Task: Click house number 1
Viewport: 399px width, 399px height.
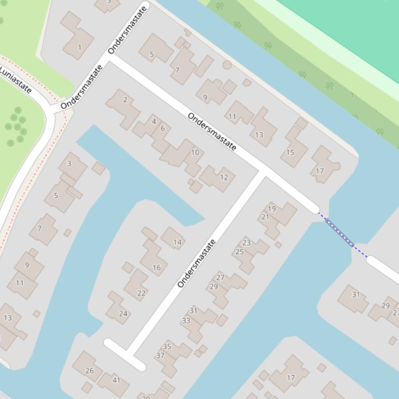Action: coord(79,47)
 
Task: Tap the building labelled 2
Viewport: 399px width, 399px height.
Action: coord(125,99)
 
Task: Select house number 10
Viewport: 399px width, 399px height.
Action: coord(195,152)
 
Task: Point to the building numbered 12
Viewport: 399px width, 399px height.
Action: coord(224,177)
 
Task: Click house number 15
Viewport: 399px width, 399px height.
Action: coord(290,152)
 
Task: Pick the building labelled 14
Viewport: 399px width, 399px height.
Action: coord(177,242)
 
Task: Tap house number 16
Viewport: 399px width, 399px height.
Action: coord(157,267)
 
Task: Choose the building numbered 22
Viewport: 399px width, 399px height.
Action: coord(141,293)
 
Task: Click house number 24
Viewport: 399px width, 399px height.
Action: coord(123,313)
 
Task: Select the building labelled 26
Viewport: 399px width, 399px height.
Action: coord(90,370)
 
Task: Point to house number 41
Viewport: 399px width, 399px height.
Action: coord(116,380)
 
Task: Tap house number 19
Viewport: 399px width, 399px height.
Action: coord(271,209)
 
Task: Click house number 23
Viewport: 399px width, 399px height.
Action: coord(246,243)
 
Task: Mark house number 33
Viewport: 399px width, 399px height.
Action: coord(186,321)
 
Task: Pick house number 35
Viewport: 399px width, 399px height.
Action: coord(167,346)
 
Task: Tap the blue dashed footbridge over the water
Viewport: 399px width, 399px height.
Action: coord(342,234)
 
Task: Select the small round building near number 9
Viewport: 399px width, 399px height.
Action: coord(227,65)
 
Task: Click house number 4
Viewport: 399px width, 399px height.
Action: coord(154,122)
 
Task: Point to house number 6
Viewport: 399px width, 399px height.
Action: coord(162,129)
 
